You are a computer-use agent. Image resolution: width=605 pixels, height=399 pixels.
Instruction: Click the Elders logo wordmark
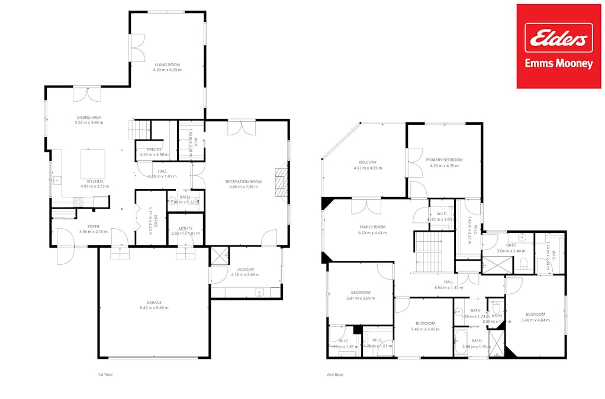point(559,38)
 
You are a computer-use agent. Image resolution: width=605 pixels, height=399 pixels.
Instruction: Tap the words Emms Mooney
point(559,64)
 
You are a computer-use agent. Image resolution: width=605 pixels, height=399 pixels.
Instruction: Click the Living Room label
point(167,65)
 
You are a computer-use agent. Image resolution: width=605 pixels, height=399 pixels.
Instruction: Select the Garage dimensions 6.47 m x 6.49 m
point(154,308)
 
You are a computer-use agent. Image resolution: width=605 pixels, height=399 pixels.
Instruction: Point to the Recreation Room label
point(243,181)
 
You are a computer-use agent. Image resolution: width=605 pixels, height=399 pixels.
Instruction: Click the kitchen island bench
point(93,164)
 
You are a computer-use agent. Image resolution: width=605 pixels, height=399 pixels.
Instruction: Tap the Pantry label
point(155,150)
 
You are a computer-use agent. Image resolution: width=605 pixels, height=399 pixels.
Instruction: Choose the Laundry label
point(244,269)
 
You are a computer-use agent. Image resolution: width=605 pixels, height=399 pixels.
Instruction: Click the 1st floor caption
point(105,375)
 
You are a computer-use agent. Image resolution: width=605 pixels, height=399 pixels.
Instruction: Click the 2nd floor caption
point(334,375)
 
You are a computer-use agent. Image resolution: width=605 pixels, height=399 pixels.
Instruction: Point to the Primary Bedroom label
point(444,160)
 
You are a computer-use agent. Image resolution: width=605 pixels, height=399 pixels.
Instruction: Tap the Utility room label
point(185,228)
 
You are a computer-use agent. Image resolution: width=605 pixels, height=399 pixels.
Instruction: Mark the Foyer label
point(94,226)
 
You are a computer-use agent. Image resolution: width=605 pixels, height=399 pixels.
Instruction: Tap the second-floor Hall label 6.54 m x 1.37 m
point(448,285)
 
